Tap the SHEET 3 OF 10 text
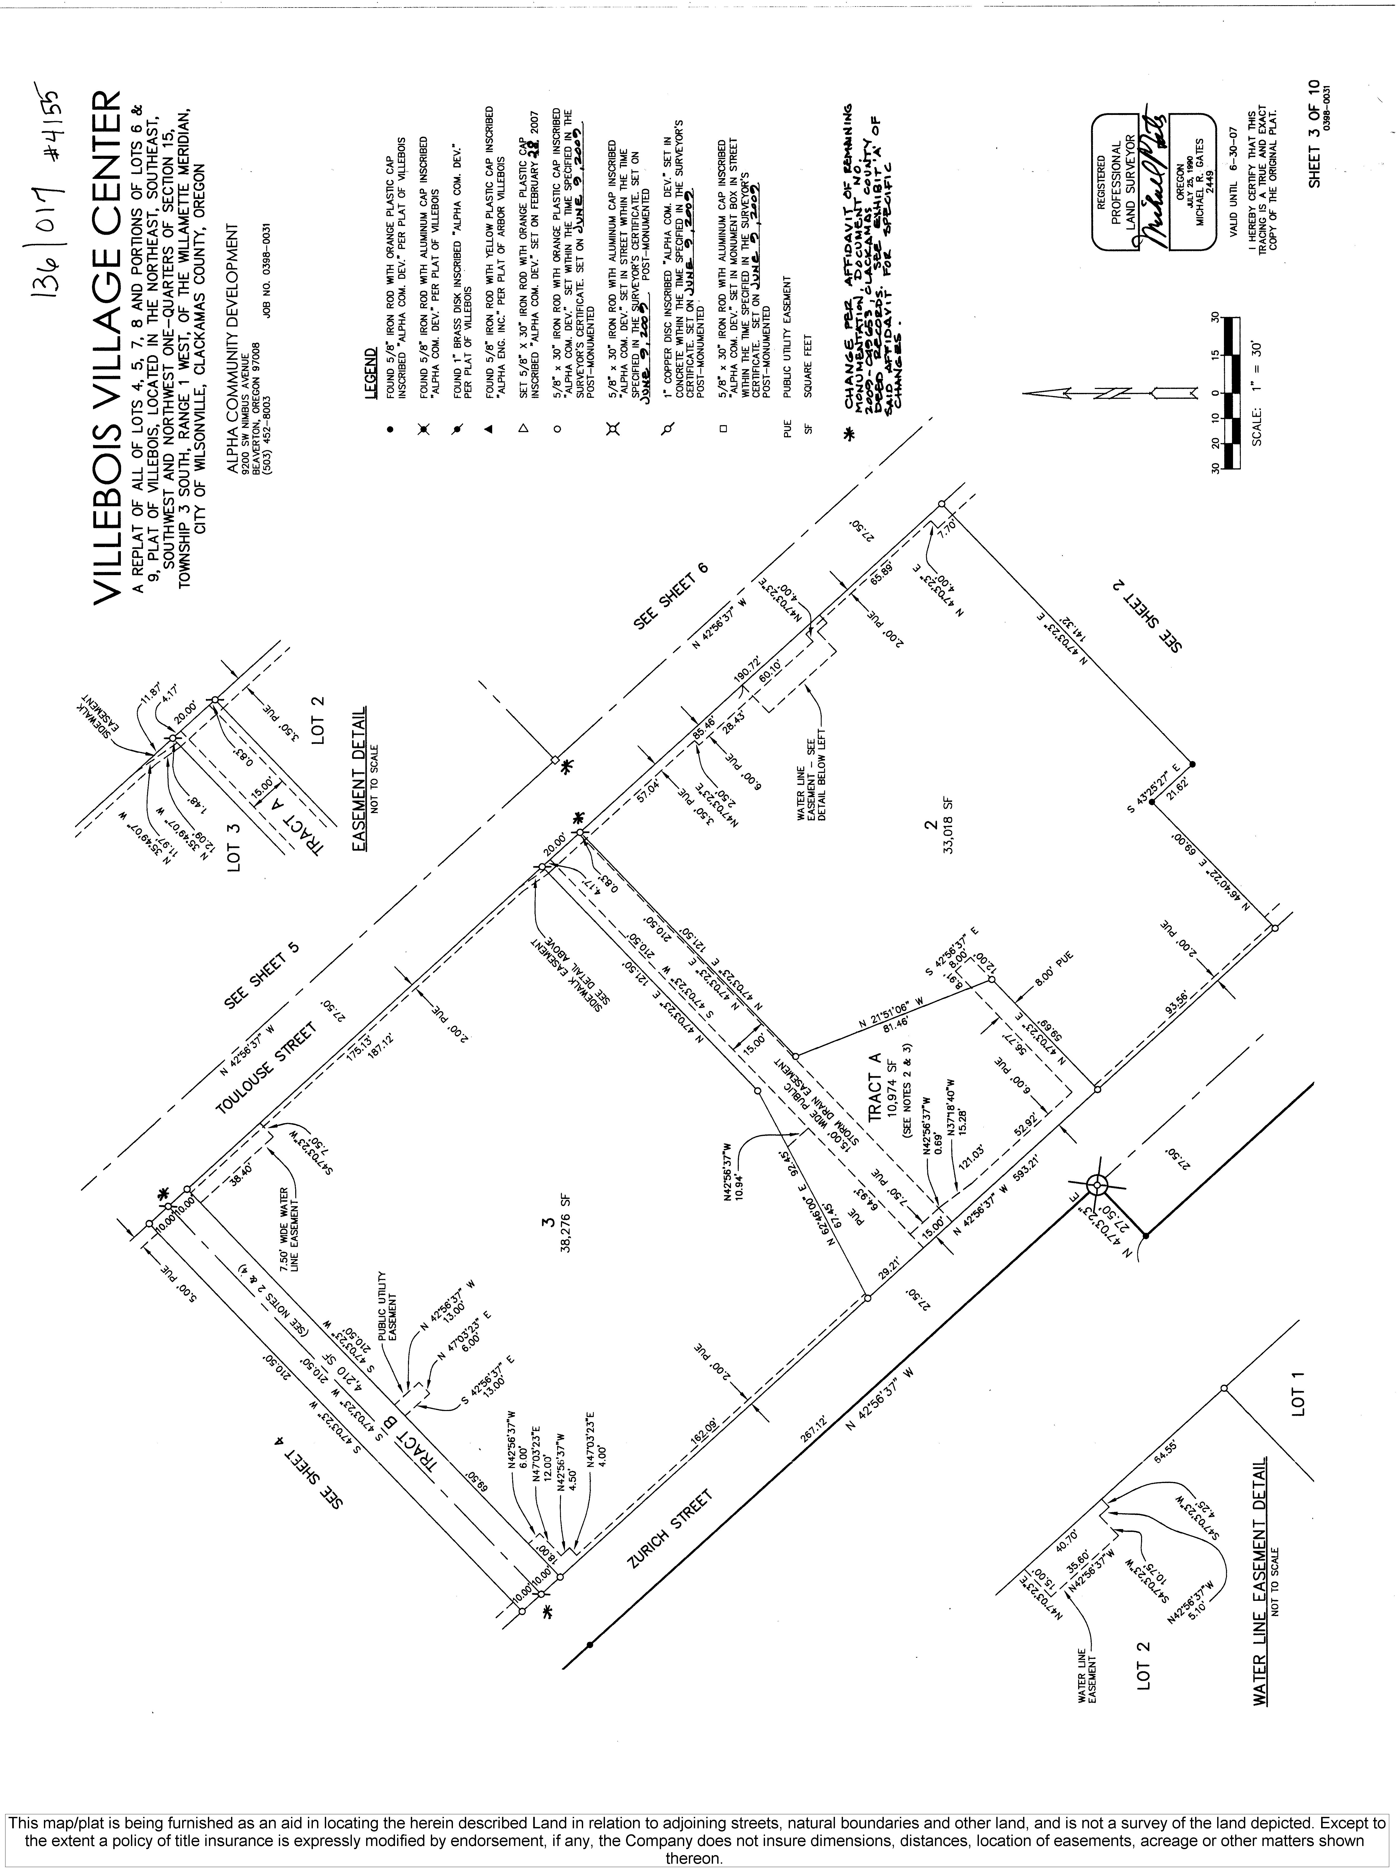tap(1313, 135)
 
